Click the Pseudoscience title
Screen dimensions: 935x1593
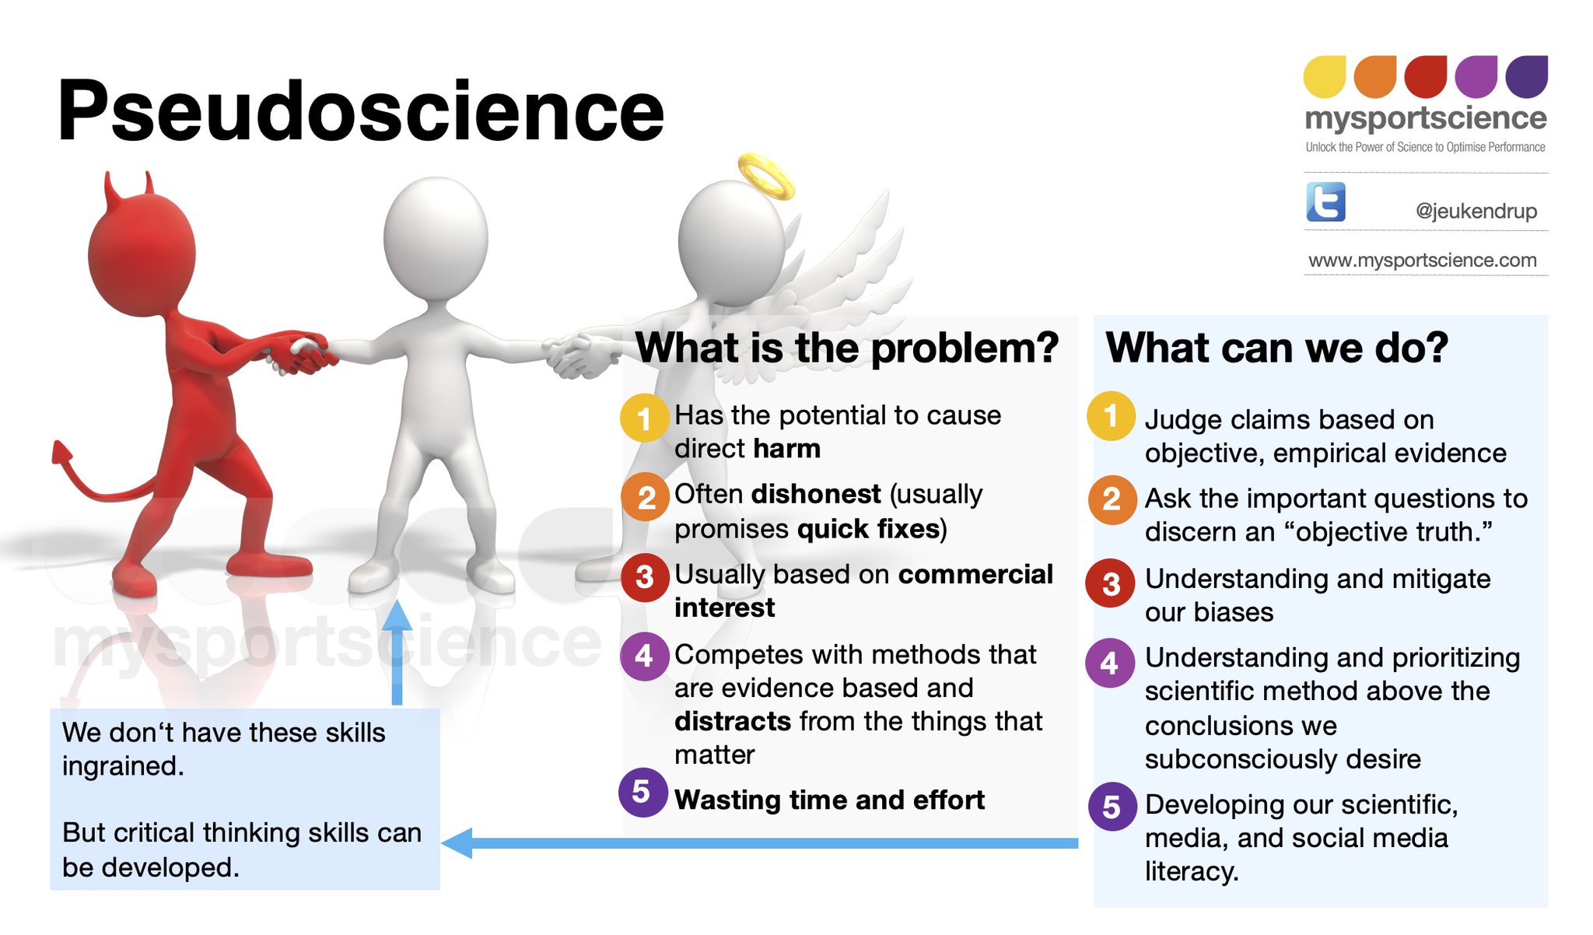point(360,112)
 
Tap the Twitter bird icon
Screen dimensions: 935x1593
point(1325,202)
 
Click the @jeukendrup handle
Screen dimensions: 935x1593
point(1476,211)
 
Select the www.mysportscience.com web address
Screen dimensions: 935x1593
point(1423,260)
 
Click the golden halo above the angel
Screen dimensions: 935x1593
point(766,175)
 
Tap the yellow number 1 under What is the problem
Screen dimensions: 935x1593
point(644,418)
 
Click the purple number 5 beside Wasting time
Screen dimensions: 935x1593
point(642,792)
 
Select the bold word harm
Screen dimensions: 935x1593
point(786,449)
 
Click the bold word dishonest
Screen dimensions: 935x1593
point(816,494)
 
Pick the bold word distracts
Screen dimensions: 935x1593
point(732,721)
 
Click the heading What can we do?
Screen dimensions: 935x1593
point(1276,348)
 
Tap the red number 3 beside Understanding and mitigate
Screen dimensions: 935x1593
point(1111,583)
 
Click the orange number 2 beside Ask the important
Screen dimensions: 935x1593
point(1111,499)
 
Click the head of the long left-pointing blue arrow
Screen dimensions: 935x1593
point(458,843)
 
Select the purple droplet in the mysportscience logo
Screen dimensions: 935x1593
point(1476,76)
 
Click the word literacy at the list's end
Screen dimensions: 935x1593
point(1190,871)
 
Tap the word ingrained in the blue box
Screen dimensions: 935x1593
point(122,766)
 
